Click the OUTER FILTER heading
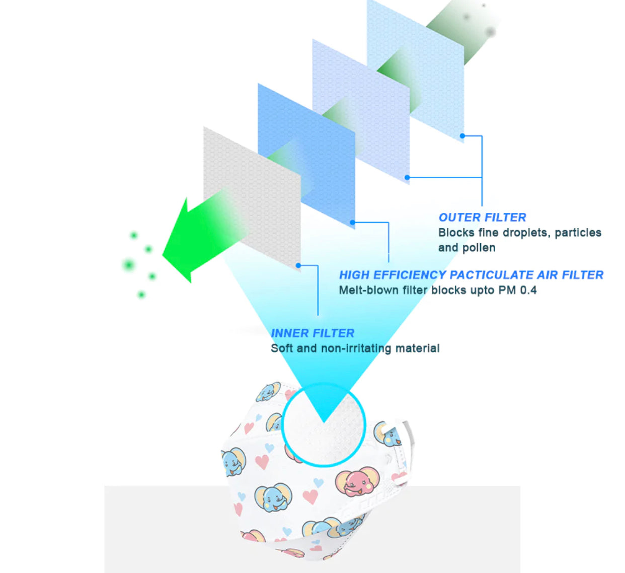(x=482, y=218)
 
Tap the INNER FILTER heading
(x=312, y=333)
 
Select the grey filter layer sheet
(x=252, y=199)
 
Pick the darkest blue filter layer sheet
(x=306, y=156)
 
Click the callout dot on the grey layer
(x=298, y=265)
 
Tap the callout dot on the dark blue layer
(x=352, y=222)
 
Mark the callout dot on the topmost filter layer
(x=462, y=136)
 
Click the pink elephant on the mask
(x=357, y=481)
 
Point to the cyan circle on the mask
(x=283, y=424)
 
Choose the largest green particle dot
(x=128, y=265)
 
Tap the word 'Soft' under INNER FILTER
(x=282, y=348)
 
